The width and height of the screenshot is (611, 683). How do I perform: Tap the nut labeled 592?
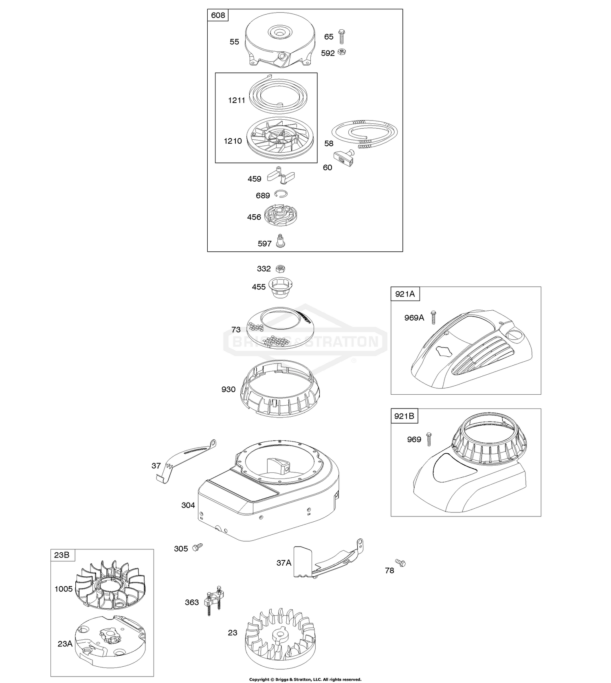(343, 52)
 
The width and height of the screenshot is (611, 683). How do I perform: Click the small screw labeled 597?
(280, 240)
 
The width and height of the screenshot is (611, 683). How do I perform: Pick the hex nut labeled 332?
(280, 269)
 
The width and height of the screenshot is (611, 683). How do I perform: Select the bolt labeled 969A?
(433, 317)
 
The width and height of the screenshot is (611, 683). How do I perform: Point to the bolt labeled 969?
(429, 439)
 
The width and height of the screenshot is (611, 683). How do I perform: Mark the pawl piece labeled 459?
(281, 176)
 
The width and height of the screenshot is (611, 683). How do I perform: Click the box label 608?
(218, 15)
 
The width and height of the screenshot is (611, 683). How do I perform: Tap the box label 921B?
(404, 416)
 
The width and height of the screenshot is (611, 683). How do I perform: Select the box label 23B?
(62, 555)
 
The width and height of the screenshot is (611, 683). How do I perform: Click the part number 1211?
(236, 100)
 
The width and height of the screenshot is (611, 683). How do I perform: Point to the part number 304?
(188, 505)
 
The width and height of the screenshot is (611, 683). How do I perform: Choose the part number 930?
(229, 389)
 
